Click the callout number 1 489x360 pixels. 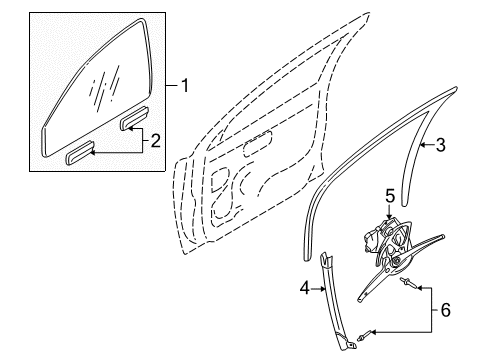(184, 86)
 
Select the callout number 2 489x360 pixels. (155, 141)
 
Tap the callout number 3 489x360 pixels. (441, 145)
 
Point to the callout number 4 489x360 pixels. (305, 288)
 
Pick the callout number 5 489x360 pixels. (390, 196)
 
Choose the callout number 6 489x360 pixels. (445, 310)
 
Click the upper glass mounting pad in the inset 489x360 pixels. (134, 118)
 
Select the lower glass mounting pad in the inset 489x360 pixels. (80, 152)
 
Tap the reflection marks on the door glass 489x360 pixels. (104, 87)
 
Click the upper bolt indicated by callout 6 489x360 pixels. (407, 283)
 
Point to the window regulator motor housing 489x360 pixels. (373, 238)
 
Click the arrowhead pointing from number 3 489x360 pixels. (422, 145)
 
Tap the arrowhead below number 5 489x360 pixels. (390, 216)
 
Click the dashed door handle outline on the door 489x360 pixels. (257, 144)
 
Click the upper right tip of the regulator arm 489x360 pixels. (443, 236)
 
